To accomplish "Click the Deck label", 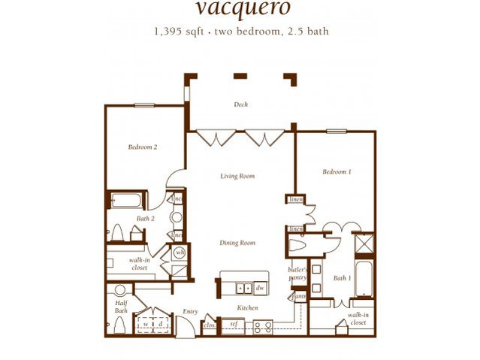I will coord(240,104).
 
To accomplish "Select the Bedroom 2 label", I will coord(142,147).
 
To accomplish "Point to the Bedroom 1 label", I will coord(337,171).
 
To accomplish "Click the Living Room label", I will coord(237,177).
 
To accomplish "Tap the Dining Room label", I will coord(237,243).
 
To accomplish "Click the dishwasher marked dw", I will coord(259,287).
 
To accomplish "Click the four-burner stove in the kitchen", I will coord(261,327).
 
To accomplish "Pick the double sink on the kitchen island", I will coord(242,287).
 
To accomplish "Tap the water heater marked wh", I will coord(180,253).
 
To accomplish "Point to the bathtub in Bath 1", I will coord(364,280).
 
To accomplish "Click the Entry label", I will coord(190,311).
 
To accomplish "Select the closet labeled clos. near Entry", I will coord(209,326).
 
